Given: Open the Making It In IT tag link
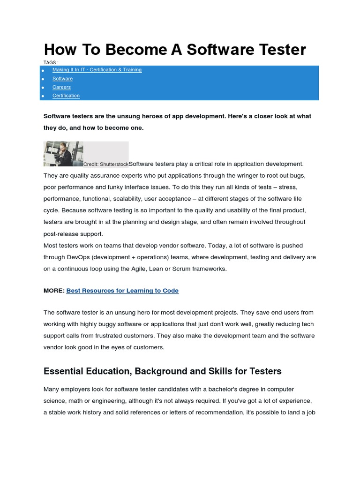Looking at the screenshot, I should [97, 70].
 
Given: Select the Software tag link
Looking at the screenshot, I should [62, 79].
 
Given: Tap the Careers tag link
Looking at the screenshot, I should [61, 87].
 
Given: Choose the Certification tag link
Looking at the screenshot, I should [66, 96].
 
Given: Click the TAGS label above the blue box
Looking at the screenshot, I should [51, 62].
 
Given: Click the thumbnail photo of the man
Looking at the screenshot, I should [63, 154].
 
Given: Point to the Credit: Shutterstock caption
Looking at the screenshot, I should [106, 165].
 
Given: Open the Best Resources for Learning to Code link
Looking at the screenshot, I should [122, 291].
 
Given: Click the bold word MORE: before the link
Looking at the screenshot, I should [54, 291].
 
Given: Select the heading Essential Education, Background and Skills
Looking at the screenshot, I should [162, 371].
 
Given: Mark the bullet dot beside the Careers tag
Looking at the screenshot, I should [43, 88].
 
